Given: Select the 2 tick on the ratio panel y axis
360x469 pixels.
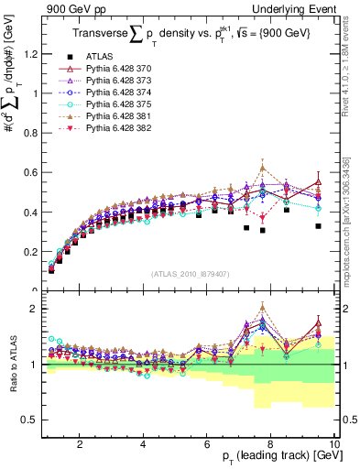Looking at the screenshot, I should coord(32,309).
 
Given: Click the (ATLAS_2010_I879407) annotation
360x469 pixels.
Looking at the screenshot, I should coord(189,273).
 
